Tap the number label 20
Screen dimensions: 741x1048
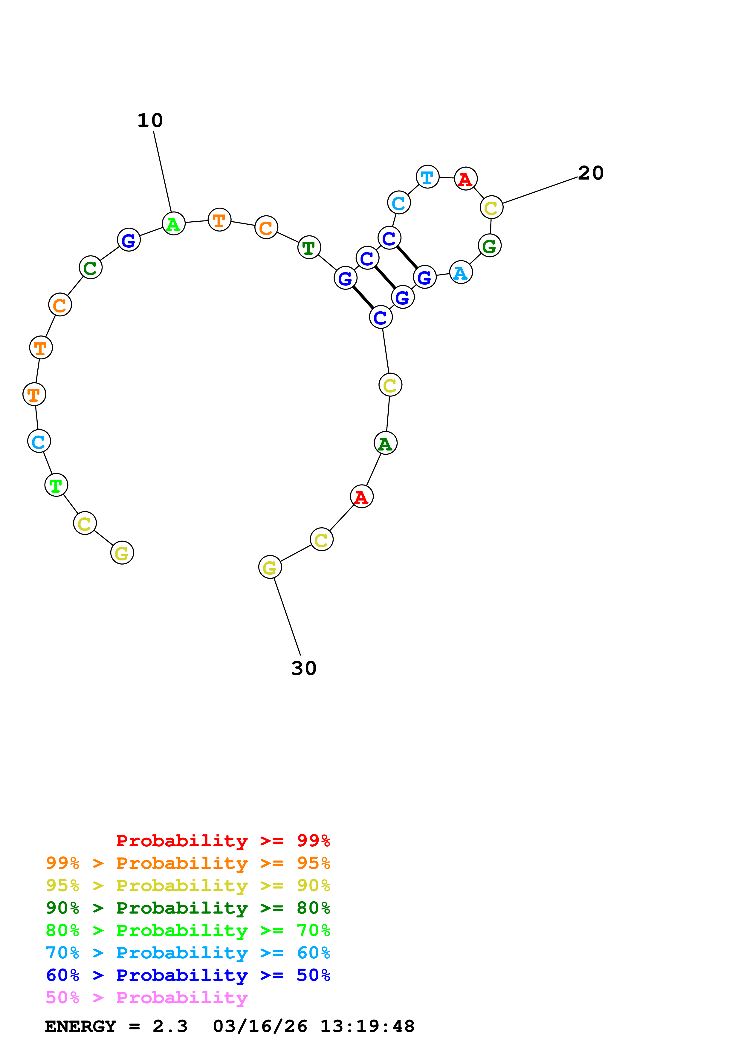point(590,173)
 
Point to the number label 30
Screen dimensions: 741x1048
point(304,668)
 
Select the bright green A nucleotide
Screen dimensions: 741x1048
point(173,224)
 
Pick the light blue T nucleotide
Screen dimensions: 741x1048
point(427,177)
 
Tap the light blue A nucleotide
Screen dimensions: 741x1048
point(461,272)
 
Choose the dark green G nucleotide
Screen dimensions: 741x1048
point(489,246)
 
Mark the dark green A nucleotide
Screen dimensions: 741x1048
point(385,443)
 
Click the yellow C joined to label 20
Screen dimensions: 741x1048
point(491,208)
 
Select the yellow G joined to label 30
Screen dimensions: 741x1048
point(270,567)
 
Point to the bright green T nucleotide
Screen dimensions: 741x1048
point(56,485)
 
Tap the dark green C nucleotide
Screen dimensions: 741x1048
point(90,267)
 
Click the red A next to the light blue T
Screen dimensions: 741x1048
point(465,179)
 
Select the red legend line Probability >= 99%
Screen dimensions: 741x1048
point(223,840)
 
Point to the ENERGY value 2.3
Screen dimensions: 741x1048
point(170,1026)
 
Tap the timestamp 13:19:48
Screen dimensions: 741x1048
point(367,1026)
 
